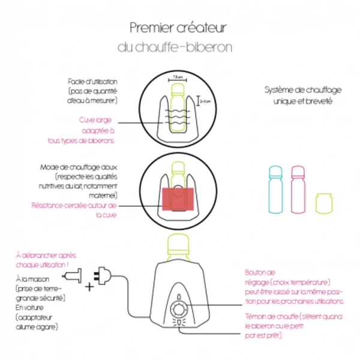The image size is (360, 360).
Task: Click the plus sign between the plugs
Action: pos(89,286)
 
